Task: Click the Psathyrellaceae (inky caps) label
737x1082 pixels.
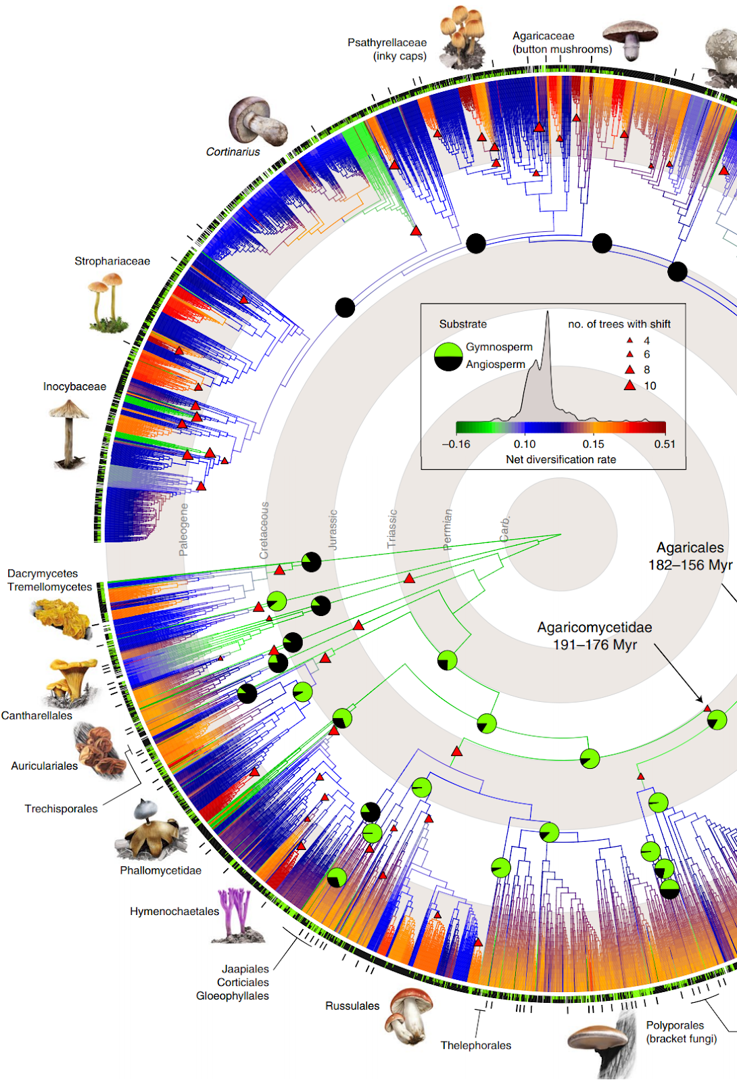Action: [387, 49]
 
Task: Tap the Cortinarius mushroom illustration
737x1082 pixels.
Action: [256, 121]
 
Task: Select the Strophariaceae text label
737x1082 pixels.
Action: [112, 261]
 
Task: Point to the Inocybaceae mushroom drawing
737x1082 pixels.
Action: [68, 433]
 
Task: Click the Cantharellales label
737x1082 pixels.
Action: [37, 715]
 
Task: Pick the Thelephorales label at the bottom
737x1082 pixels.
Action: [476, 1045]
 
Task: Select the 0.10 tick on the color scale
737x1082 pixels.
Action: [525, 444]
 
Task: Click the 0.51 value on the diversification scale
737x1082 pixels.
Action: [664, 444]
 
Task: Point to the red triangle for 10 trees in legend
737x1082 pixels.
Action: [629, 385]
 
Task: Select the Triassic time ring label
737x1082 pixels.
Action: [392, 528]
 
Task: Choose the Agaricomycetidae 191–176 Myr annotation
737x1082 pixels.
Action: [595, 636]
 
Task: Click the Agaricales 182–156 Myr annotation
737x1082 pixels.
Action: [690, 556]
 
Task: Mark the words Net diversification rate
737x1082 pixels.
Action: [561, 460]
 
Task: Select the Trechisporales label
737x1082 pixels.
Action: [62, 809]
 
